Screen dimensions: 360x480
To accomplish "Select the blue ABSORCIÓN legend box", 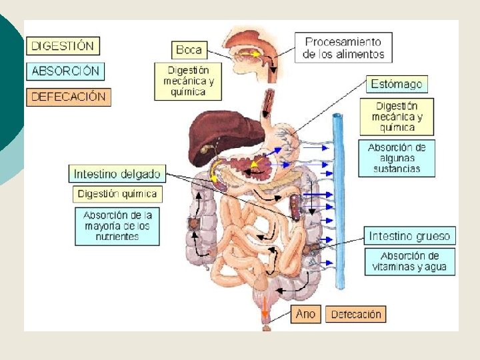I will tap(65, 71).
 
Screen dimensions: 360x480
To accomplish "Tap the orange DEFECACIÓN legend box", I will tap(68, 96).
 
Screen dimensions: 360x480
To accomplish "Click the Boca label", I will tap(189, 49).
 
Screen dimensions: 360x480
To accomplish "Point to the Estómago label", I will tap(397, 85).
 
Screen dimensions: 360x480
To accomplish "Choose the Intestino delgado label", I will tap(117, 174).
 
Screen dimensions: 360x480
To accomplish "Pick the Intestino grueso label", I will tap(409, 236).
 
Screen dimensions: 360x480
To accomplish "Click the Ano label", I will tap(306, 314).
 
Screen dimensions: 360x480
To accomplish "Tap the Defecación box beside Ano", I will tap(356, 314).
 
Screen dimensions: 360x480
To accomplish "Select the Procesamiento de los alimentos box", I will tap(343, 48).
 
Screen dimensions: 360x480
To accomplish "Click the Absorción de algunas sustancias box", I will tap(397, 158).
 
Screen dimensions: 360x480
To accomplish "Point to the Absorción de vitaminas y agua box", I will tap(409, 261).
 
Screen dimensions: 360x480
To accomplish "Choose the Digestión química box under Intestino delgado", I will tap(117, 194).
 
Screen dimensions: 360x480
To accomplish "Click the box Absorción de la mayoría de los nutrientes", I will tap(117, 226).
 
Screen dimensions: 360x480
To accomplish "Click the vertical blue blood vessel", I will tap(339, 200).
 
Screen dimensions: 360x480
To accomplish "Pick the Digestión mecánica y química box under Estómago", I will tap(397, 117).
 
